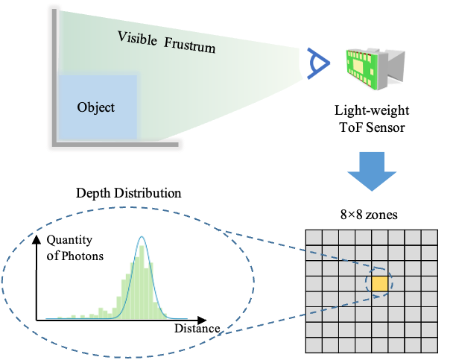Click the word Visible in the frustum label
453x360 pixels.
136,39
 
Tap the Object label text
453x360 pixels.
96,107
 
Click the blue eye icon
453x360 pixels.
317,63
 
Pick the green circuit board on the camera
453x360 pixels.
362,66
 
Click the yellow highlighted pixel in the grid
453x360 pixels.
379,284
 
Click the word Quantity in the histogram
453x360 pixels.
70,241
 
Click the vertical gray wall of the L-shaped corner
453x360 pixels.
53,75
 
